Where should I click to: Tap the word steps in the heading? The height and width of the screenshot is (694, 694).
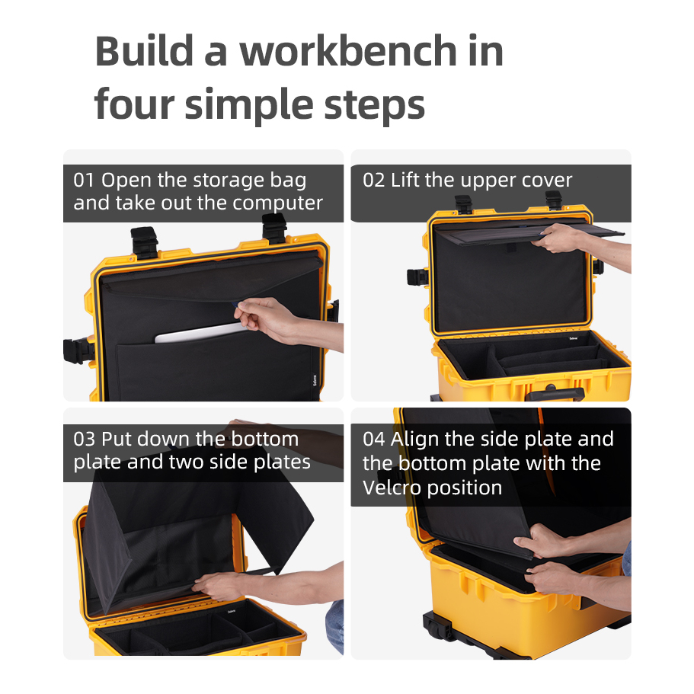375,105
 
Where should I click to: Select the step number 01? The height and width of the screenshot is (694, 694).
84,180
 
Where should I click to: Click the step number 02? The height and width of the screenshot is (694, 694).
373,180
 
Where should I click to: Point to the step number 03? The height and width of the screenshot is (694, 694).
84,439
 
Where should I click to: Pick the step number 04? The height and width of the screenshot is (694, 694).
374,439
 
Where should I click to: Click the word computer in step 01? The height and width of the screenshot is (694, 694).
277,203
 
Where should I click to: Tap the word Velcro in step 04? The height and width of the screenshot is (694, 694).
392,488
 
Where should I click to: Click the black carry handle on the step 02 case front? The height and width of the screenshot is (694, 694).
555,393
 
